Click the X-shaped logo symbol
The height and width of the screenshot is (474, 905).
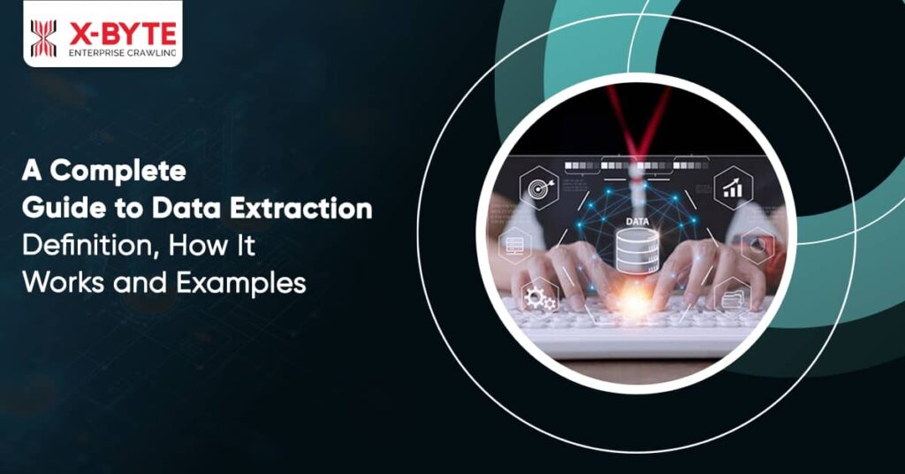click(x=43, y=38)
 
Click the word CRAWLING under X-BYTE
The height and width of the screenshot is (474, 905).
click(x=150, y=55)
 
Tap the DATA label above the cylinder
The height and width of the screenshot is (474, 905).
click(x=635, y=221)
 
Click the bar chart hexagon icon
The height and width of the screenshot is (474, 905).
click(x=733, y=187)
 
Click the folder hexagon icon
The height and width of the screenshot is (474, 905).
click(x=733, y=297)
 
